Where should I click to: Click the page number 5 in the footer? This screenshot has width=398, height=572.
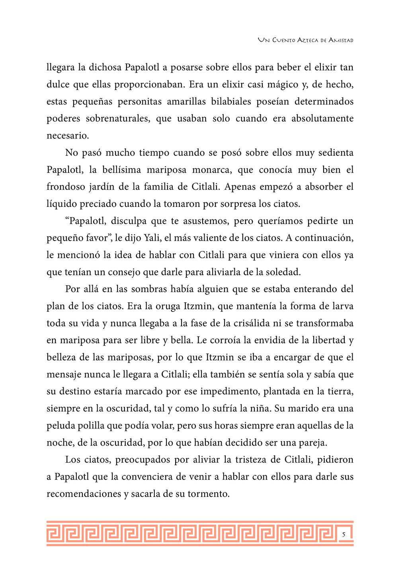point(343,535)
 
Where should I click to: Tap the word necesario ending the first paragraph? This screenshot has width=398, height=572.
point(67,136)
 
